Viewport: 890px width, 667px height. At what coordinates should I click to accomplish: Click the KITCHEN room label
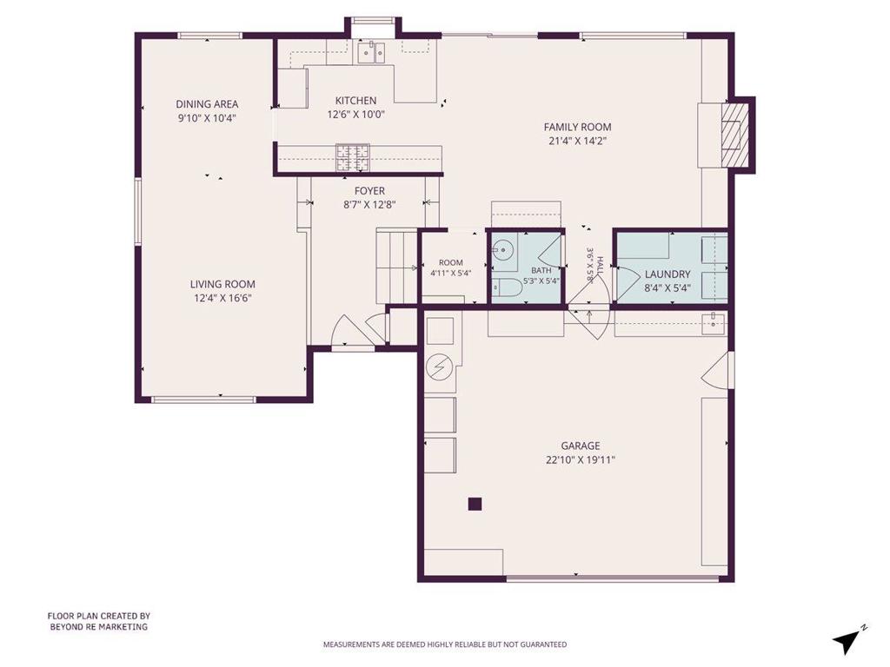[x=355, y=101]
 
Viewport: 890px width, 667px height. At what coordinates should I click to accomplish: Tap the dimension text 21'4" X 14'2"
[x=578, y=142]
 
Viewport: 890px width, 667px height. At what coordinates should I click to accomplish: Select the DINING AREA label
[x=207, y=104]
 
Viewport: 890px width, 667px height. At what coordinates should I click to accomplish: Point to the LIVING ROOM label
[x=222, y=284]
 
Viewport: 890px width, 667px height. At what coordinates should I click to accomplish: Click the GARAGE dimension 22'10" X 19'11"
[x=581, y=460]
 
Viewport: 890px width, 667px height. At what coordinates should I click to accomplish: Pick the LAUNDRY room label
[x=667, y=274]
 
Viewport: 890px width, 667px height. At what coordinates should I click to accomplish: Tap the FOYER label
[x=369, y=191]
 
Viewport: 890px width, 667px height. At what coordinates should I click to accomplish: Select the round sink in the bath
[x=501, y=249]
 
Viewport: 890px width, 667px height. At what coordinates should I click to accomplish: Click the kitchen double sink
[x=371, y=52]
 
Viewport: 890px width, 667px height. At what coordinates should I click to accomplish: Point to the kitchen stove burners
[x=353, y=158]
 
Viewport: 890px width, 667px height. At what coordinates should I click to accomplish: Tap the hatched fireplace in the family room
[x=731, y=135]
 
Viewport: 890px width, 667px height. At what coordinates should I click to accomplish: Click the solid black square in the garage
[x=475, y=505]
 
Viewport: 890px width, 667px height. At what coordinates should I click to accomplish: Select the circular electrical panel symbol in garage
[x=439, y=367]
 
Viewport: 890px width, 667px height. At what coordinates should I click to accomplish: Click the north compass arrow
[x=847, y=642]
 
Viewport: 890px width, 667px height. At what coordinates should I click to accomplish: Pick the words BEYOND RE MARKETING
[x=99, y=627]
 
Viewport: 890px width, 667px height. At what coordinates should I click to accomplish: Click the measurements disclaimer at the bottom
[x=445, y=644]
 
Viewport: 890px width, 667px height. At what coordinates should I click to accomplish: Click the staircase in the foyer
[x=397, y=266]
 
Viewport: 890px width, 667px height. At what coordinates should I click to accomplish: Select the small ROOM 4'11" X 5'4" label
[x=451, y=267]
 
